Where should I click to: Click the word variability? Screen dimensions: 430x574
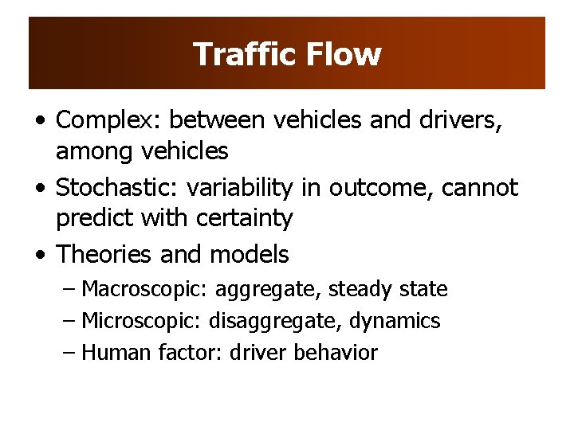point(240,188)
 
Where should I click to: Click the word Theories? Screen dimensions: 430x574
point(105,255)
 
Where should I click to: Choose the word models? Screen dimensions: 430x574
point(249,255)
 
